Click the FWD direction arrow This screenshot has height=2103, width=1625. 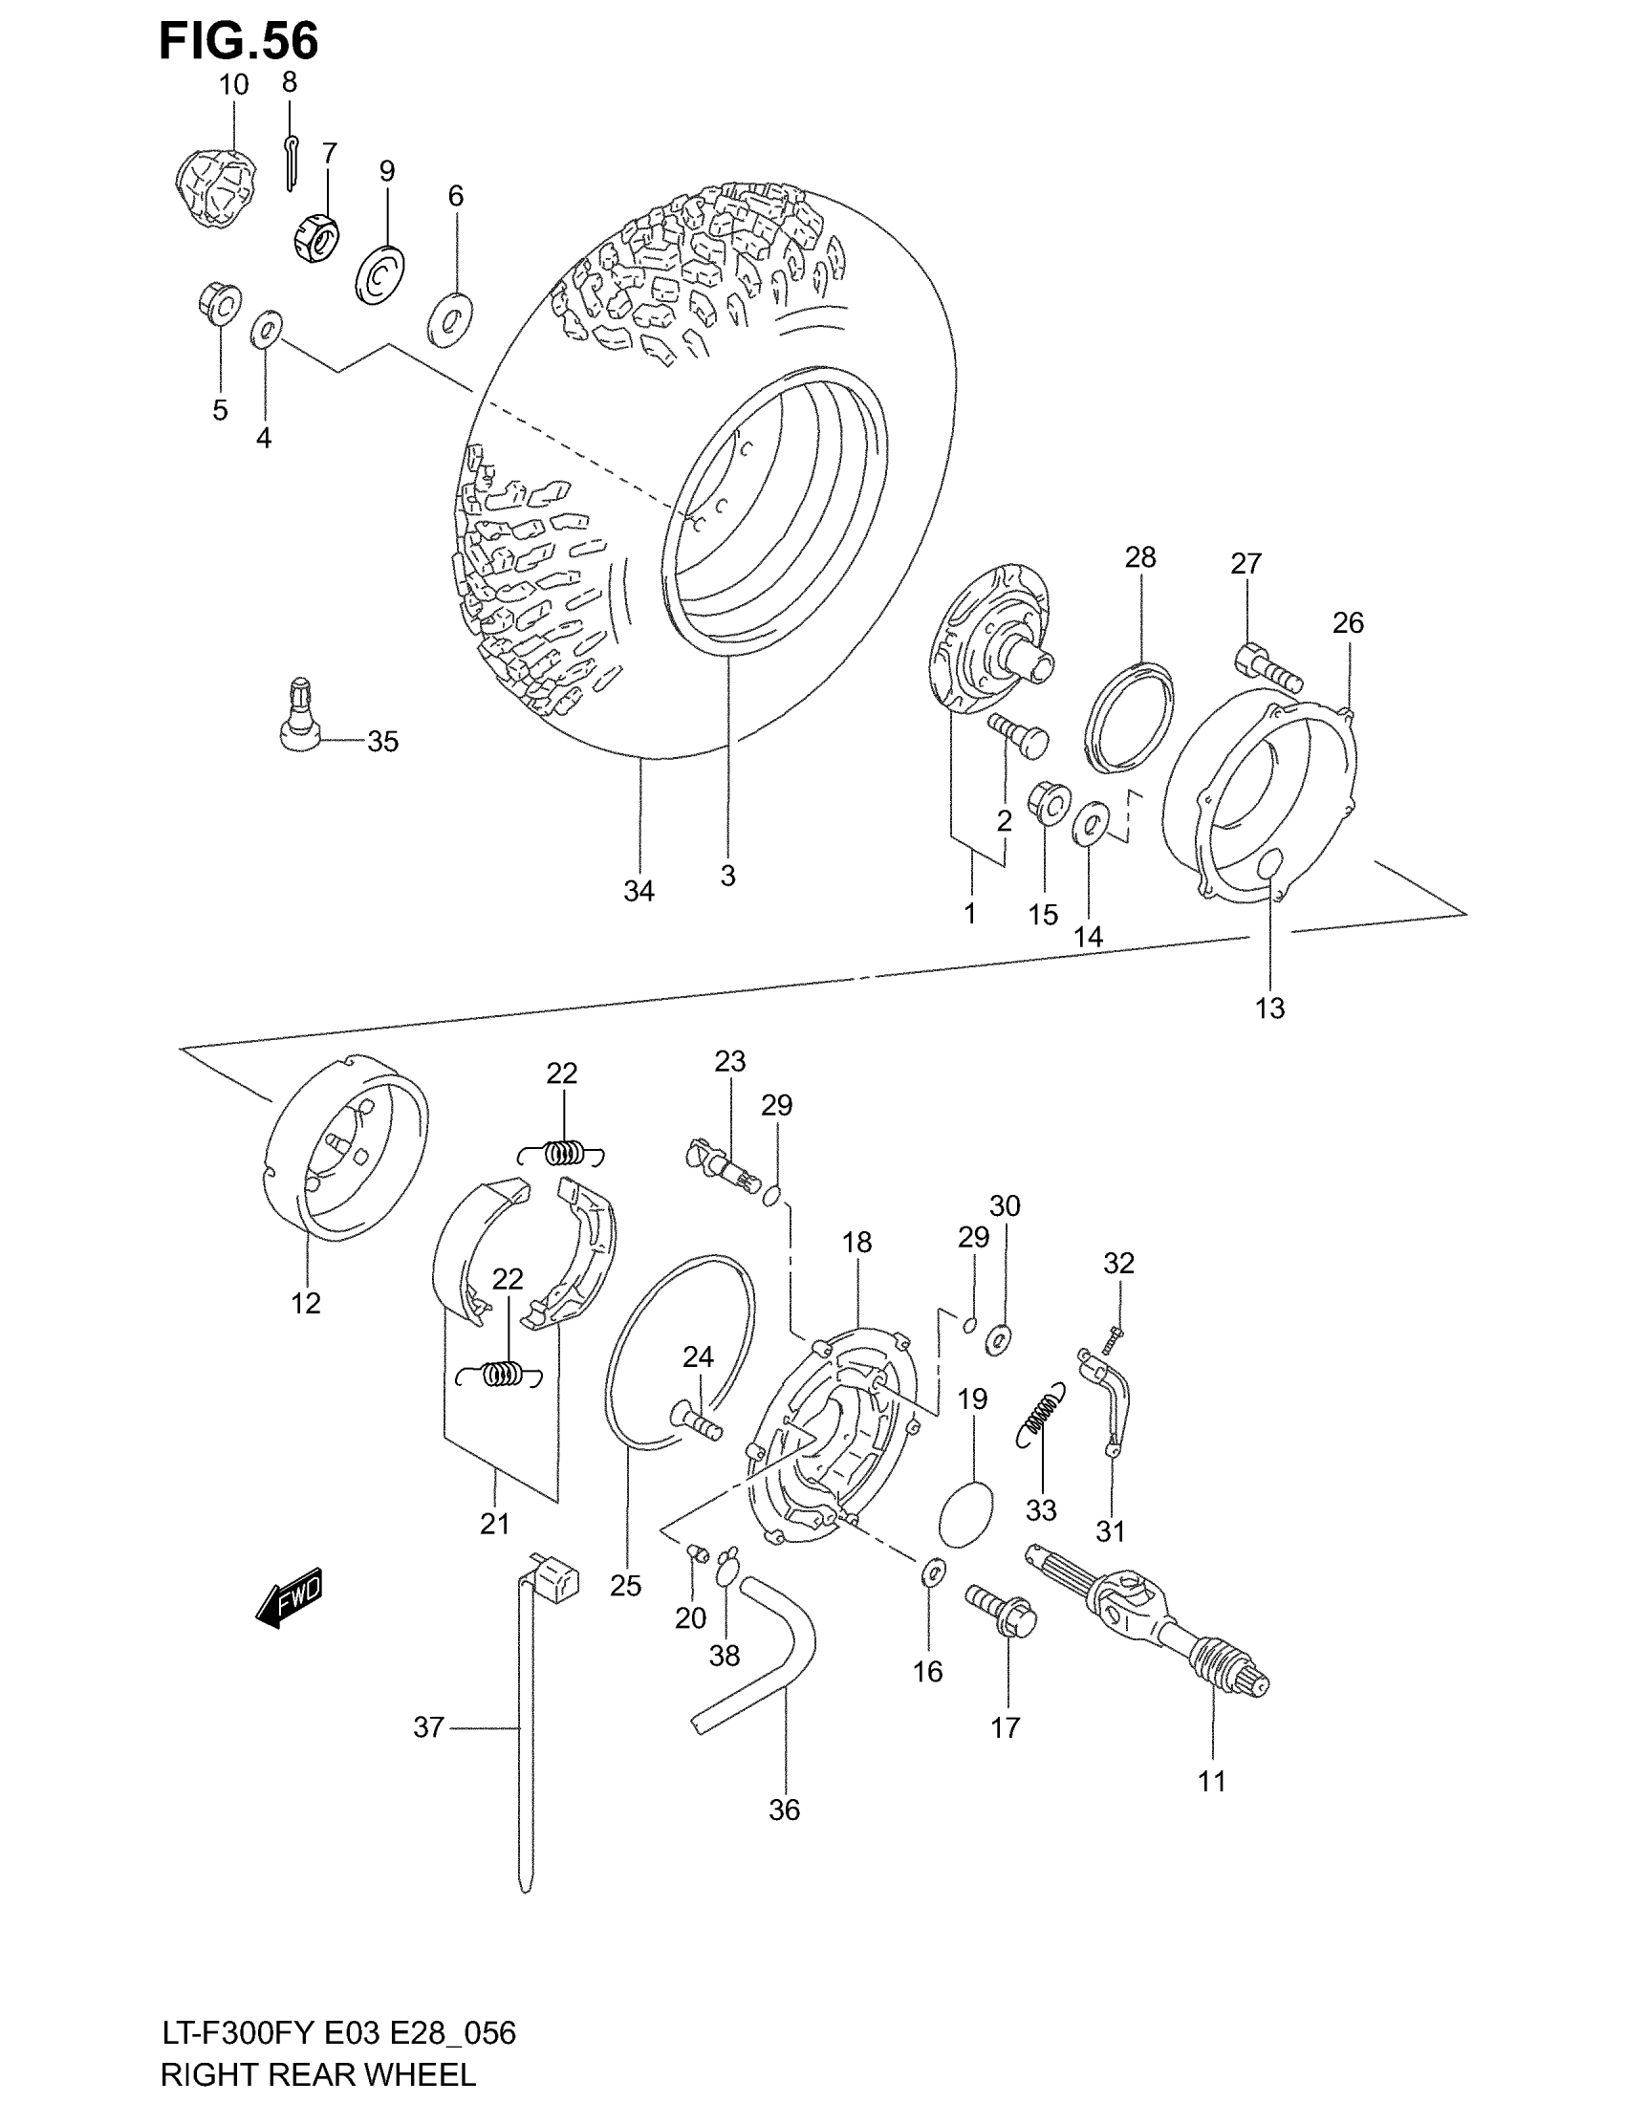(290, 1600)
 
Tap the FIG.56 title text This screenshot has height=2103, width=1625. (238, 42)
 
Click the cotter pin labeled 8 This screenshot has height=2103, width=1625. (291, 161)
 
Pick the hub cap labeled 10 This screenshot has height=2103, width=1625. (218, 187)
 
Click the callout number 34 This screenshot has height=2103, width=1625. (639, 892)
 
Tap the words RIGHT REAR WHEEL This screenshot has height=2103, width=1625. (317, 2072)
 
